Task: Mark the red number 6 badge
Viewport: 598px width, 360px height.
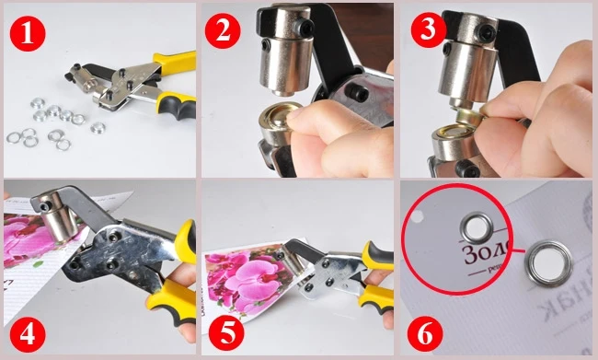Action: (x=425, y=331)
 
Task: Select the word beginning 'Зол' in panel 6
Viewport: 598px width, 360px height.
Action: (x=488, y=254)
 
